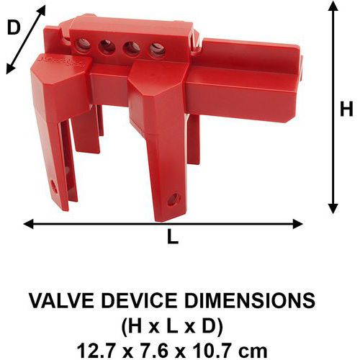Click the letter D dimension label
click(14, 27)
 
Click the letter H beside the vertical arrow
click(346, 109)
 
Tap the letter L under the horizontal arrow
click(173, 236)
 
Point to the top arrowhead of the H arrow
click(333, 6)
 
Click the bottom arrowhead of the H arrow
click(333, 208)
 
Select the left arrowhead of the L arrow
click(28, 224)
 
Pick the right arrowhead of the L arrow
click(297, 224)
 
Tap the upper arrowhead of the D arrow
click(41, 10)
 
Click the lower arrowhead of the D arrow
click(10, 68)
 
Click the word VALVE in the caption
click(61, 300)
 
